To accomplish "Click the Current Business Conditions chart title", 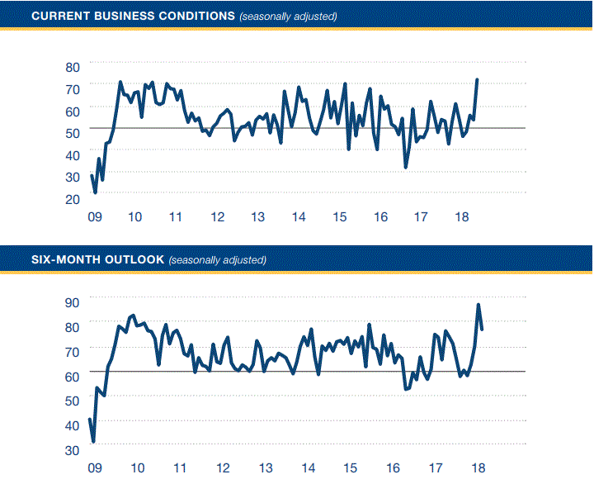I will [x=122, y=16].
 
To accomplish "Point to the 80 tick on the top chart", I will [x=72, y=66].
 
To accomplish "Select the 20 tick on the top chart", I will [x=72, y=199].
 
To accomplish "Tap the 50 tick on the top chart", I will [x=72, y=132].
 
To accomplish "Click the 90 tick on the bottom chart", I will [x=72, y=302].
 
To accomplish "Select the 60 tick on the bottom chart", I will [x=72, y=376].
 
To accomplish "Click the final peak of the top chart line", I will [x=477, y=80].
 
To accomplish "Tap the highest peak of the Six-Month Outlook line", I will [x=478, y=305].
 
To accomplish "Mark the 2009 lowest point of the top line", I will [x=96, y=192].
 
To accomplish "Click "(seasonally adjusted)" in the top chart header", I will [x=288, y=17].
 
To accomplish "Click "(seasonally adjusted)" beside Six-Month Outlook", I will [x=218, y=260].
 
